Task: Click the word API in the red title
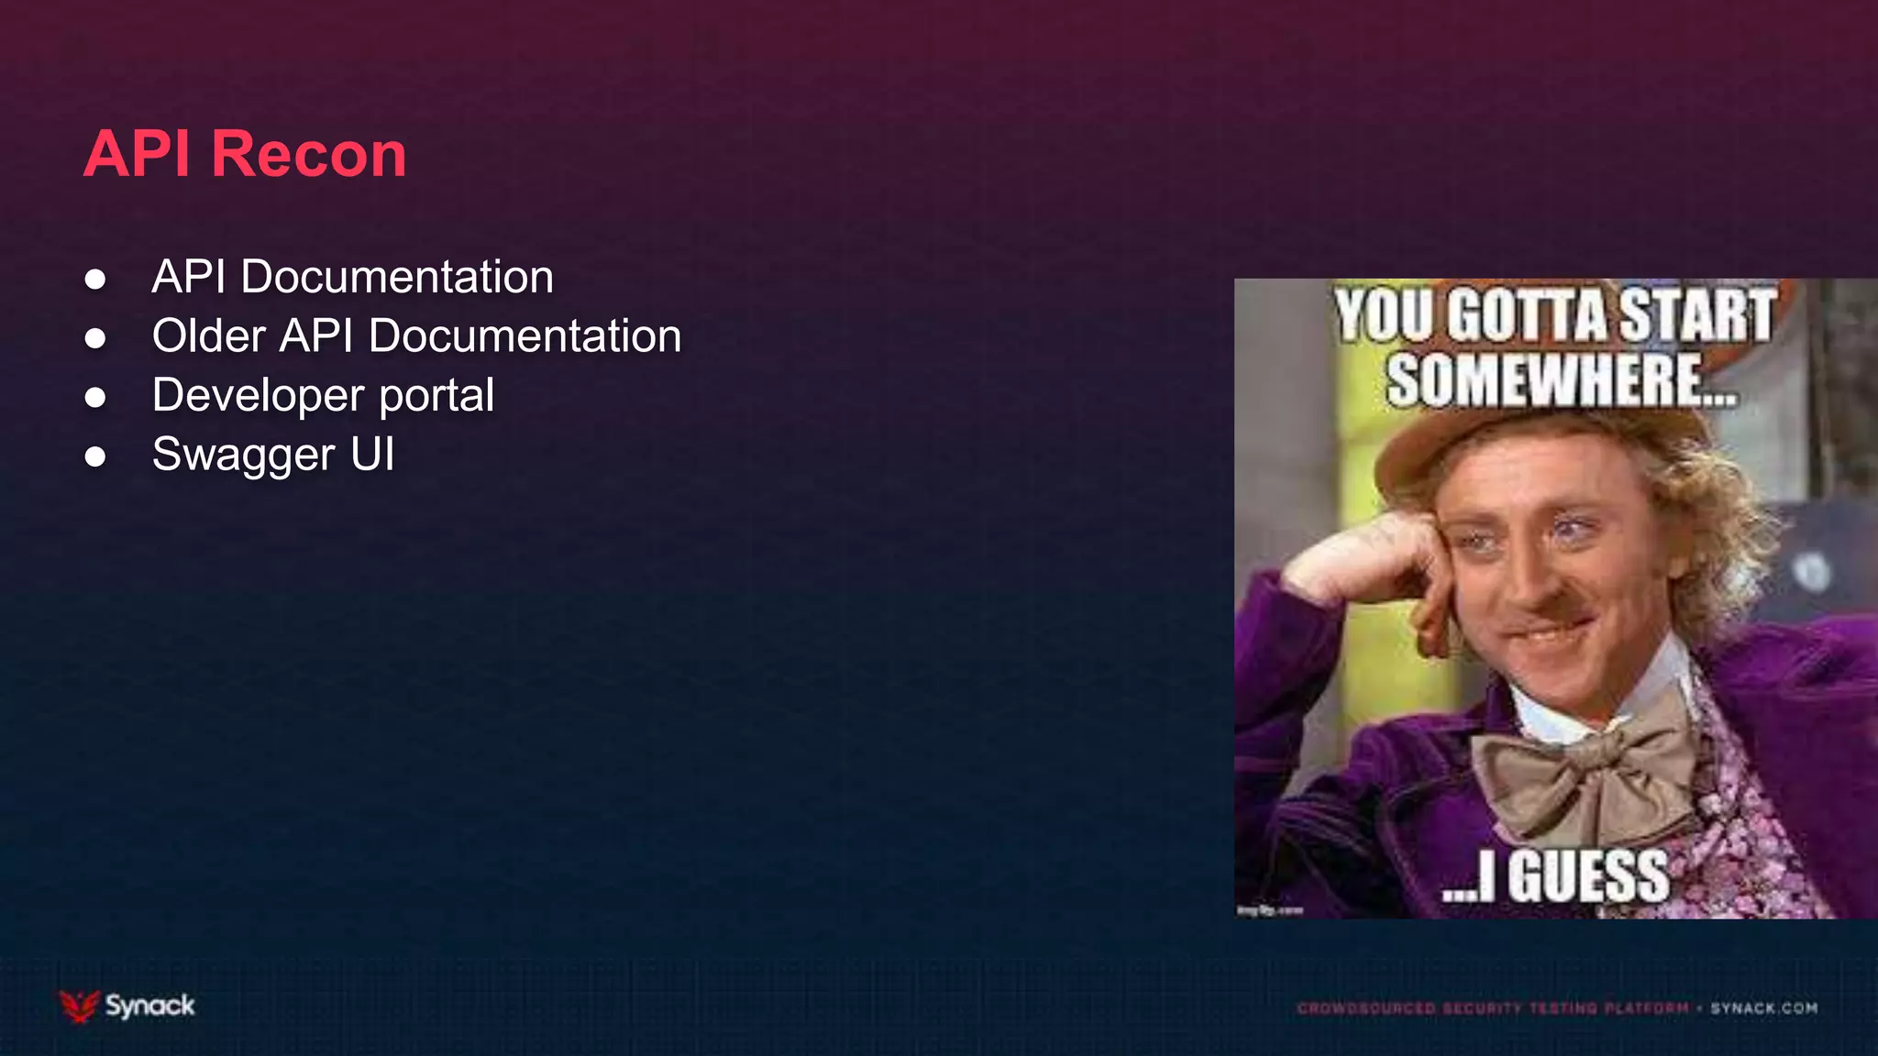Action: tap(138, 154)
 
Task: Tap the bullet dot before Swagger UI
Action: tap(95, 456)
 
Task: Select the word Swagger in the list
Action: tap(244, 456)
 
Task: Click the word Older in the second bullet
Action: tap(209, 335)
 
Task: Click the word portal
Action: tap(436, 396)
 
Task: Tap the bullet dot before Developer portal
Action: tap(95, 397)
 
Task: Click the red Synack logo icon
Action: tap(79, 1006)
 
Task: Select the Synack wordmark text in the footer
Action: tap(149, 1006)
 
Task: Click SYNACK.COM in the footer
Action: tap(1763, 1008)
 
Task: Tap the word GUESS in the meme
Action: tap(1588, 877)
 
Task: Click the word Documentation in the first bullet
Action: tap(397, 277)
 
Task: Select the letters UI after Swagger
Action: tap(372, 455)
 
